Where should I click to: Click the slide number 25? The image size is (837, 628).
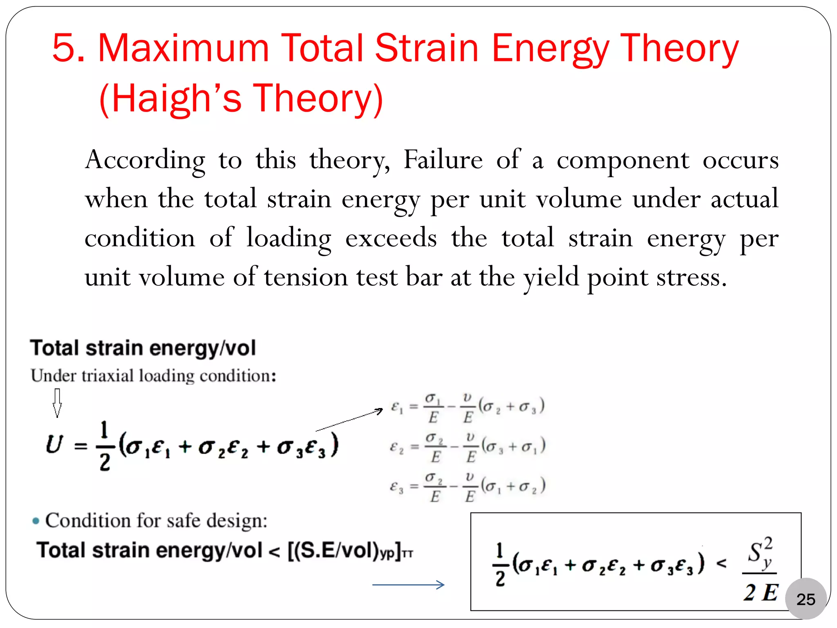[806, 599]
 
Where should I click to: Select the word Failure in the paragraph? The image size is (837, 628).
[443, 159]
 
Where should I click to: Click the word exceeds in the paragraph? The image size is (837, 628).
[391, 238]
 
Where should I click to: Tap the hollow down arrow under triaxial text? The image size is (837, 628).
[57, 403]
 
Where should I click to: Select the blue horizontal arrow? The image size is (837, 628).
[408, 585]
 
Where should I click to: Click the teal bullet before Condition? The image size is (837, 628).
[36, 521]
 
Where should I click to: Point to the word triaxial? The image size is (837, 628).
[107, 376]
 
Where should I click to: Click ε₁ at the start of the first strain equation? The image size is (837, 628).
[397, 407]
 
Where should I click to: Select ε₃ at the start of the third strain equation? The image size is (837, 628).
[396, 487]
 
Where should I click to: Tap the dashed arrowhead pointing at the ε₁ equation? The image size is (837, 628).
[379, 410]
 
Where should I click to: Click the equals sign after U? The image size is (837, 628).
[81, 446]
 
